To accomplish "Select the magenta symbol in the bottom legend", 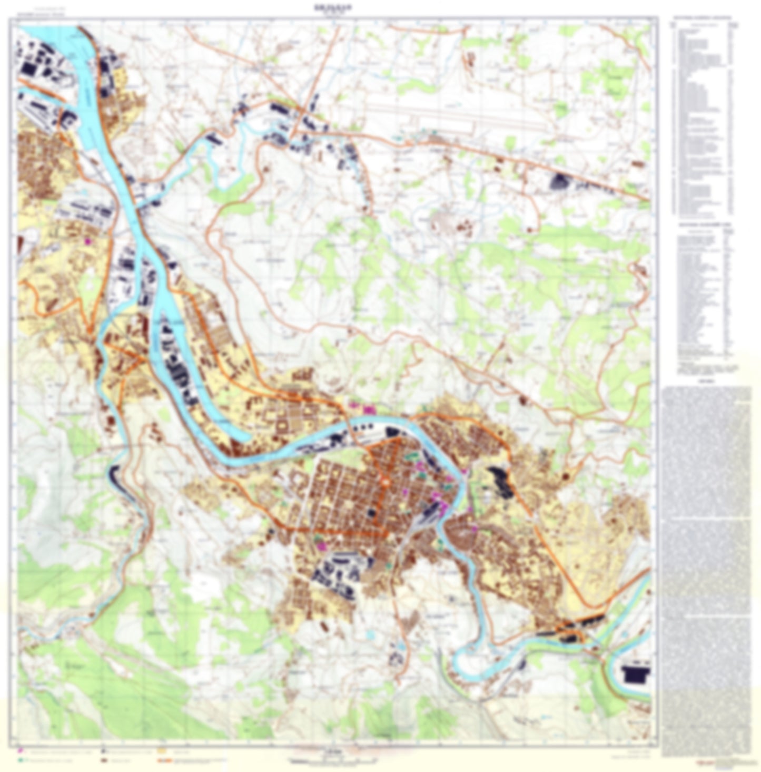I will (x=21, y=748).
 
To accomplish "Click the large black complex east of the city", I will (x=500, y=482).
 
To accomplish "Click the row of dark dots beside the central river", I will (x=179, y=369).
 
